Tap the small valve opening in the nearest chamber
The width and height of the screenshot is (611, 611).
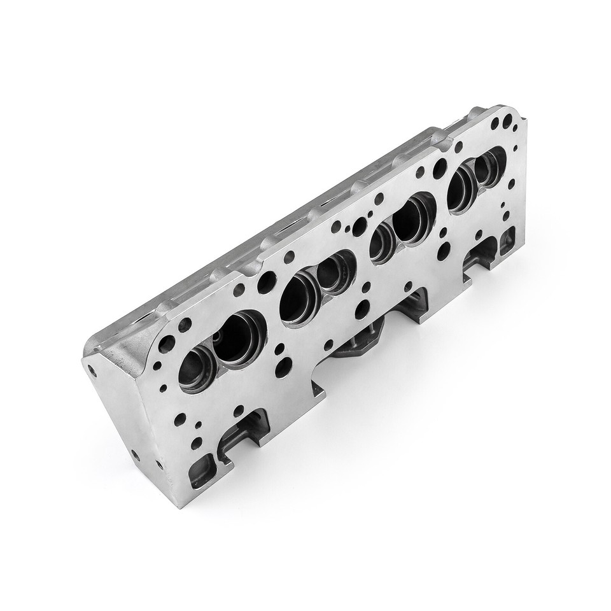coord(195,371)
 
